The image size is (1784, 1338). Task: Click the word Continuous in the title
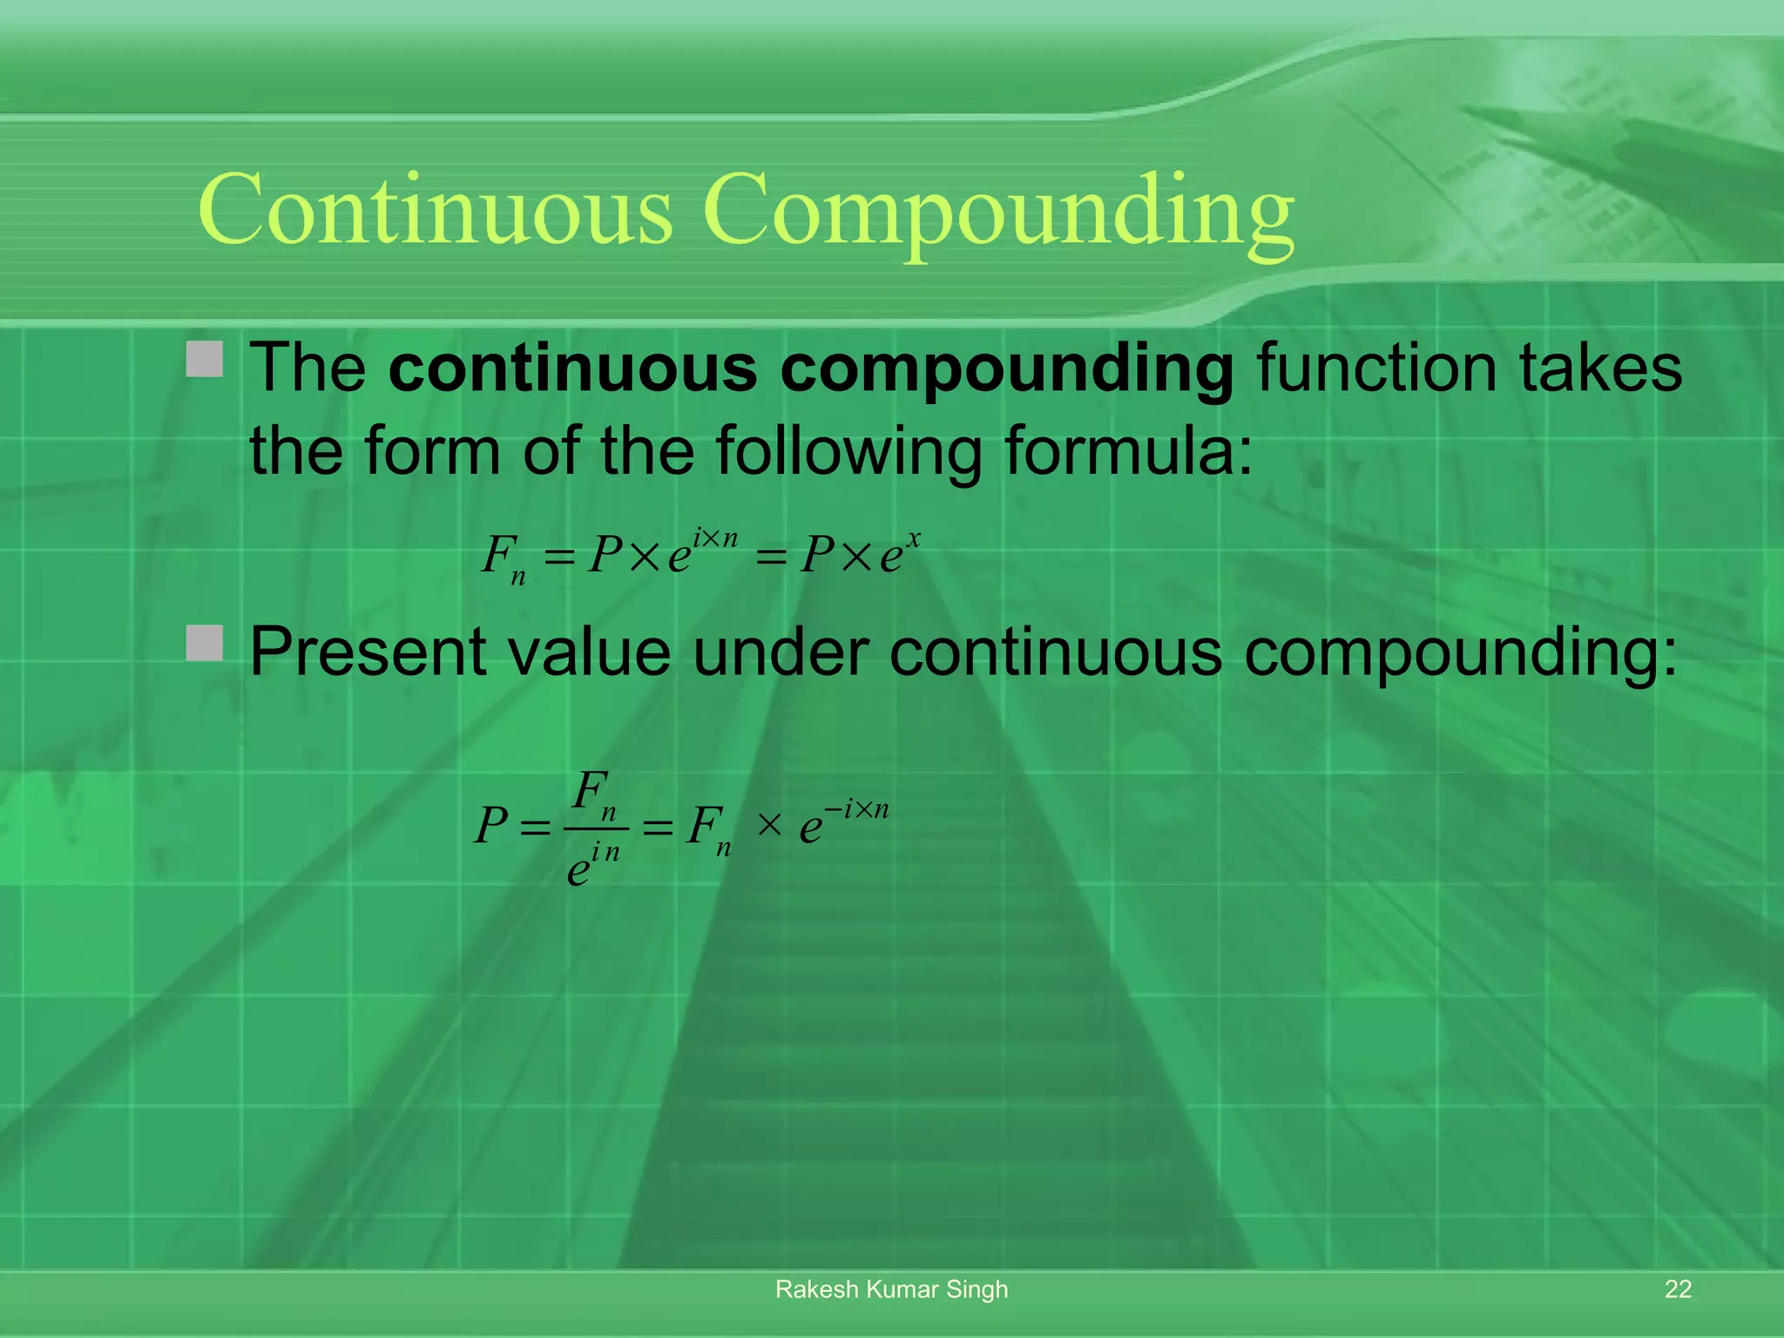coord(436,209)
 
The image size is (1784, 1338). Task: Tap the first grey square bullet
coord(206,359)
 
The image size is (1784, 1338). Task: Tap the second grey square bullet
coord(206,643)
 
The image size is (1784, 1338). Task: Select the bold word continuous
coord(572,368)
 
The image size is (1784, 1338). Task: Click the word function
coord(1376,368)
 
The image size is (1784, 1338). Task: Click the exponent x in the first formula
coord(912,541)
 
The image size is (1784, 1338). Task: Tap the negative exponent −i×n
coord(856,809)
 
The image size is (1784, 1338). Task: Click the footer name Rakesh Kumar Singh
coord(891,1289)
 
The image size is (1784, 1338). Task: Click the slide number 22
coord(1678,1289)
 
